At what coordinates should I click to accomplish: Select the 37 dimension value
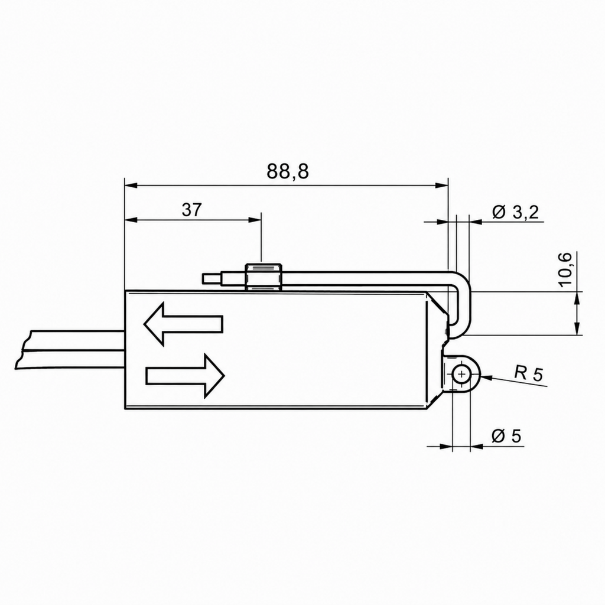coord(192,210)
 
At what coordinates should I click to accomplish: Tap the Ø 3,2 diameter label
coord(515,212)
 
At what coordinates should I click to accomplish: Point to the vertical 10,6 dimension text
coord(565,269)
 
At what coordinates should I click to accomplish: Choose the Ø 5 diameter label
coord(506,436)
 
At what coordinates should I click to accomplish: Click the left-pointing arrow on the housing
coord(183,324)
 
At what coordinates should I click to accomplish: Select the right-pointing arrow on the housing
coord(185,375)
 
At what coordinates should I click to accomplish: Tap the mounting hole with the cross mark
coord(461,374)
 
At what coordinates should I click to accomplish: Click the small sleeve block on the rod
coord(264,277)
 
